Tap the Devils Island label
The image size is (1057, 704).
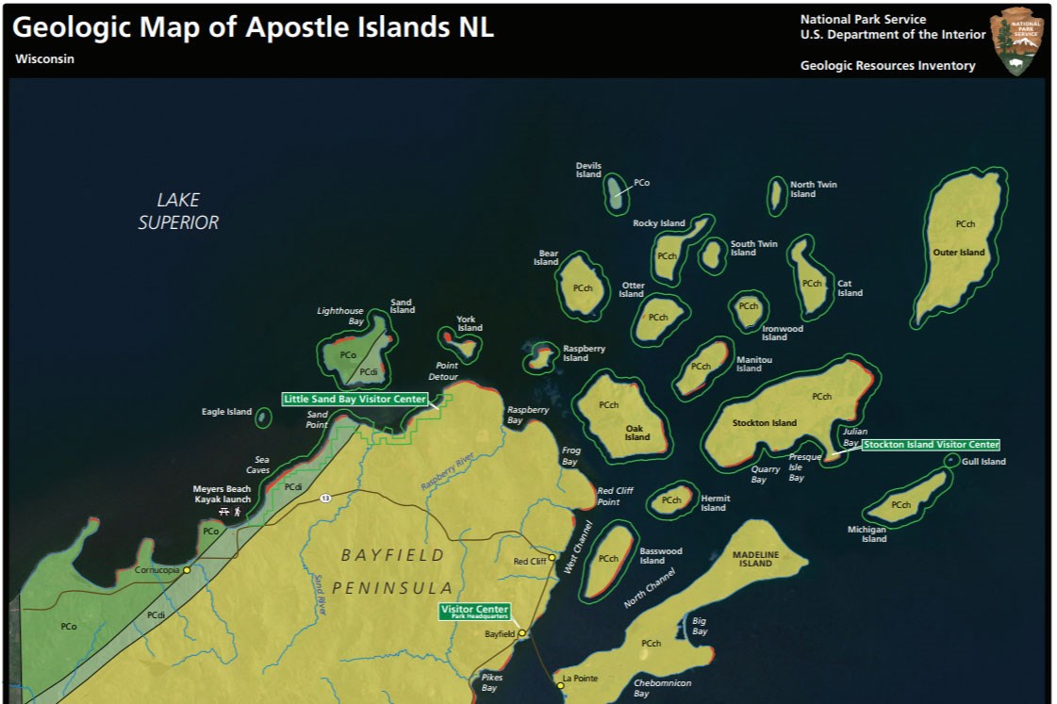pyautogui.click(x=588, y=170)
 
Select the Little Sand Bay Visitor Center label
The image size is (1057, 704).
pyautogui.click(x=355, y=400)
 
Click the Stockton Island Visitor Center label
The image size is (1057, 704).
pyautogui.click(x=931, y=445)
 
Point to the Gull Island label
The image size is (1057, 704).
pyautogui.click(x=983, y=462)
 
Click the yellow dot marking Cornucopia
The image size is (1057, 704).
pyautogui.click(x=187, y=570)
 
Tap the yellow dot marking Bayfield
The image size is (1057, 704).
pyautogui.click(x=521, y=633)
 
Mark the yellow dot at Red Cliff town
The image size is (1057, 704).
pyautogui.click(x=553, y=557)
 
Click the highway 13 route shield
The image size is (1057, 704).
pyautogui.click(x=324, y=498)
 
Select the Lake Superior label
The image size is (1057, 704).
pyautogui.click(x=178, y=211)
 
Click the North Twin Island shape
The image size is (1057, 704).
pyautogui.click(x=776, y=195)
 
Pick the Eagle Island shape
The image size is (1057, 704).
pyautogui.click(x=263, y=417)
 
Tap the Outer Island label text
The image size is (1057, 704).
pyautogui.click(x=958, y=253)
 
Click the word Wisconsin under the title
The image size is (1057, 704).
pyautogui.click(x=44, y=58)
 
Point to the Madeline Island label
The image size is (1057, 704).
pyautogui.click(x=755, y=559)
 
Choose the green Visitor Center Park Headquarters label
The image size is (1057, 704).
pyautogui.click(x=475, y=612)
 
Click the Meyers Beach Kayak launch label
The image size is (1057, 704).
pyautogui.click(x=223, y=494)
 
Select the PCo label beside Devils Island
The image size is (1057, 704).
pyautogui.click(x=641, y=183)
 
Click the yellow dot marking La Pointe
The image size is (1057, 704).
pyautogui.click(x=560, y=686)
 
